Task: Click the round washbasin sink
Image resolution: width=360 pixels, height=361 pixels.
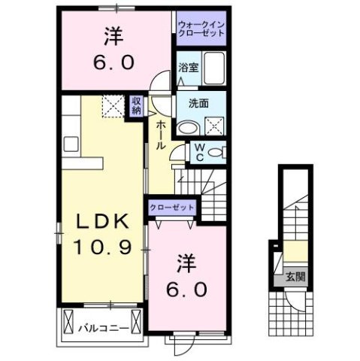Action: [187, 126]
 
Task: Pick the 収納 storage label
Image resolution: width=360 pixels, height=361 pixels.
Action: [137, 106]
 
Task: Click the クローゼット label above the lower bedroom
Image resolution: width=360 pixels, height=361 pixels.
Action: [173, 207]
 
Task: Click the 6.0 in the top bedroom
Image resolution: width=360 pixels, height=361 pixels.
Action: [113, 63]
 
